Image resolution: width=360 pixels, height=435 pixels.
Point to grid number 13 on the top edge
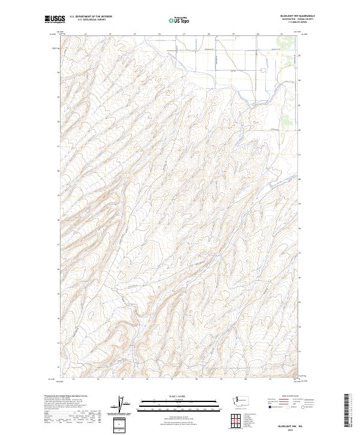click(x=86, y=34)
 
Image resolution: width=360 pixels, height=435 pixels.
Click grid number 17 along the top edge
click(x=184, y=34)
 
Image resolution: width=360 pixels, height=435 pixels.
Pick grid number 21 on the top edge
click(x=281, y=34)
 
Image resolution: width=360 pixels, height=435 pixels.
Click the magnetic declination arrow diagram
click(x=120, y=403)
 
